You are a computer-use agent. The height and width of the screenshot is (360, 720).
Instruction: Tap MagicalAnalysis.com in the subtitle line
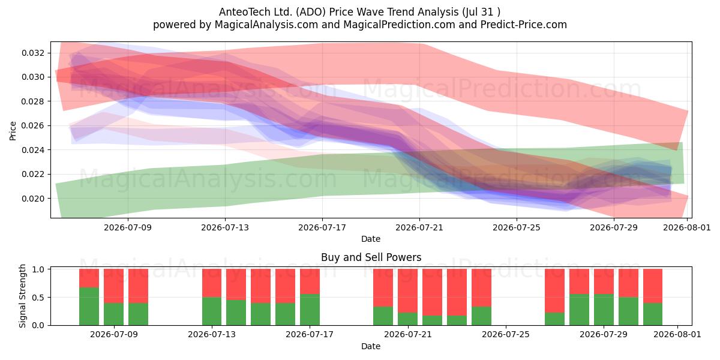[266, 25]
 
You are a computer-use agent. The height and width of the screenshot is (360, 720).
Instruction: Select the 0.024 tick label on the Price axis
[33, 150]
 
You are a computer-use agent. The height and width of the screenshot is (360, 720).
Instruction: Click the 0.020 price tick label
[33, 199]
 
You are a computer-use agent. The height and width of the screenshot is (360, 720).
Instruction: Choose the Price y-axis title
[13, 131]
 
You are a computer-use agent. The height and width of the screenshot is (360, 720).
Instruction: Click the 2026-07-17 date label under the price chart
[322, 227]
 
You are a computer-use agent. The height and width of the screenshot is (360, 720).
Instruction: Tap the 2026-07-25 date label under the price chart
[517, 227]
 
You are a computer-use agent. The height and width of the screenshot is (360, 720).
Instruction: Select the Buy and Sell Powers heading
[371, 257]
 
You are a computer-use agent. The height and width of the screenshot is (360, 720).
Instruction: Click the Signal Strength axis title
[22, 296]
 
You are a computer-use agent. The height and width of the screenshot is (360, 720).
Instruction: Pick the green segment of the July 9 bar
[113, 314]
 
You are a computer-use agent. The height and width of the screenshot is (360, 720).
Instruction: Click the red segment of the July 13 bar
[212, 283]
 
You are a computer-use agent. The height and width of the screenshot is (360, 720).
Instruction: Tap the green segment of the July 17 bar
[310, 310]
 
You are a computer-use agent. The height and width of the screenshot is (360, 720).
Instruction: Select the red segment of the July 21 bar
[407, 291]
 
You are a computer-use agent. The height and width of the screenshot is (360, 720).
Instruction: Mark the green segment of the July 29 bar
[604, 310]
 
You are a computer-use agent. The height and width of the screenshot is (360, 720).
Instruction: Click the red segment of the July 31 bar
[653, 286]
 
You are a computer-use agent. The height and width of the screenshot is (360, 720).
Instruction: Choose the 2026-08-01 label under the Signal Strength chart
[677, 334]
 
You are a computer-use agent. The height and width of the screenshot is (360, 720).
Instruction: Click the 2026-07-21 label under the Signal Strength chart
[408, 334]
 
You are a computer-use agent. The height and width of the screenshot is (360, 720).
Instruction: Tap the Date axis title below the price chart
[371, 239]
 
